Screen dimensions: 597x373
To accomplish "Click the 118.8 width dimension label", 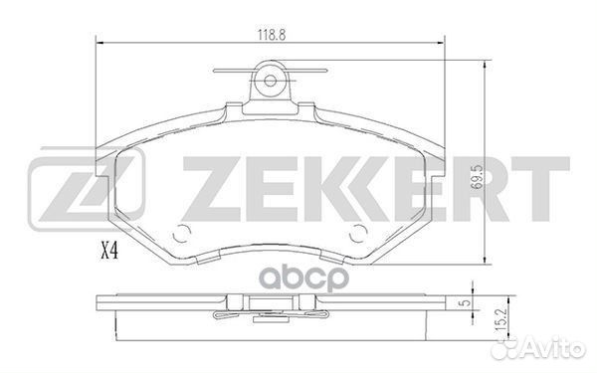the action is coord(272,35).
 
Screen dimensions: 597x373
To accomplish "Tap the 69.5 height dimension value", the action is coord(477,177).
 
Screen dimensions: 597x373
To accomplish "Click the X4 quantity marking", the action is coord(109,252).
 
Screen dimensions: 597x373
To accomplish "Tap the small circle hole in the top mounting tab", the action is coord(270,81).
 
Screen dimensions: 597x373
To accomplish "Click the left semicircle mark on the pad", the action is coord(182,234).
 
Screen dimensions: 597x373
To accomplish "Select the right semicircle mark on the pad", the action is coord(357,234).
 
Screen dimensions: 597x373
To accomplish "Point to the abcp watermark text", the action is coord(303,279).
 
